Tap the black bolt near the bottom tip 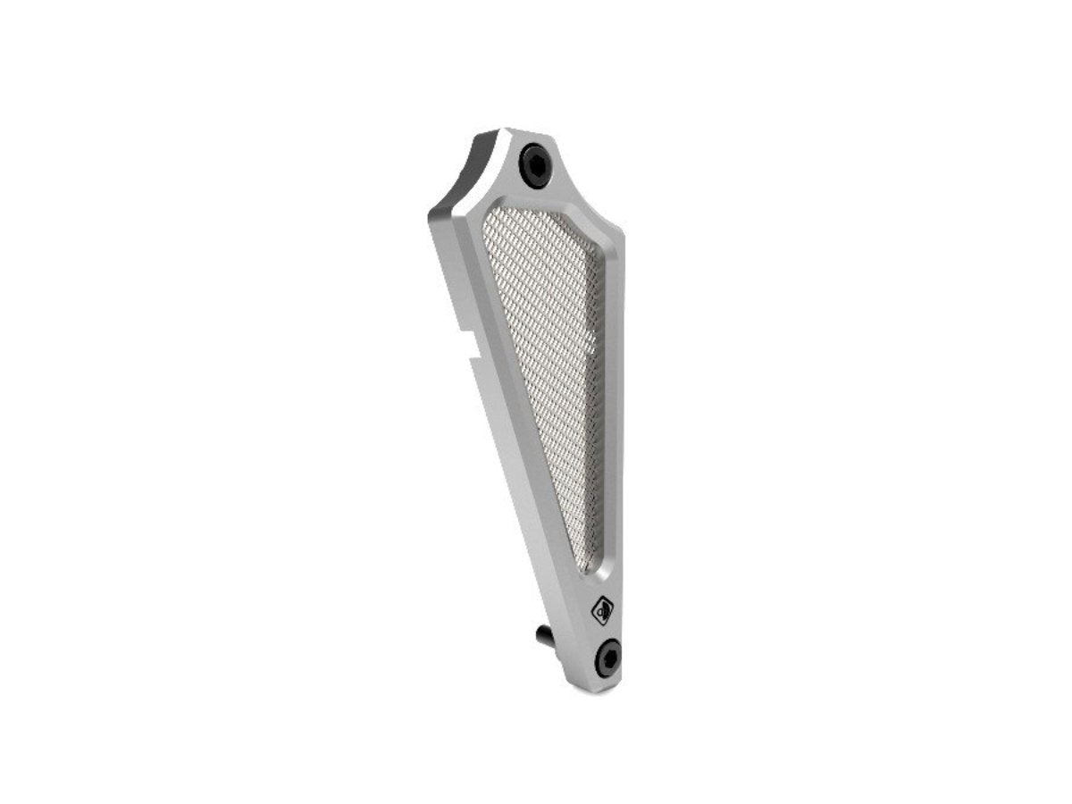tap(608, 657)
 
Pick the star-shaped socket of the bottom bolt tap(608, 657)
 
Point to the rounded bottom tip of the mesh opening tap(585, 568)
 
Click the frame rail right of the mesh tap(609, 402)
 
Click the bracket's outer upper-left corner tap(432, 210)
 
